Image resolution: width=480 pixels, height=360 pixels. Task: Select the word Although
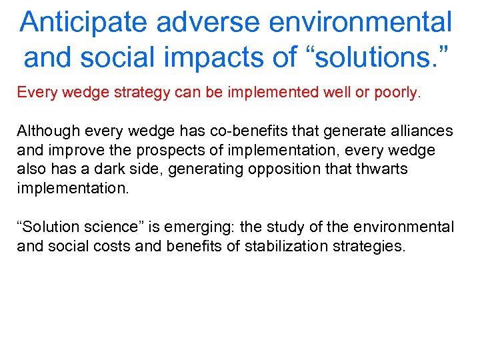click(x=44, y=130)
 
